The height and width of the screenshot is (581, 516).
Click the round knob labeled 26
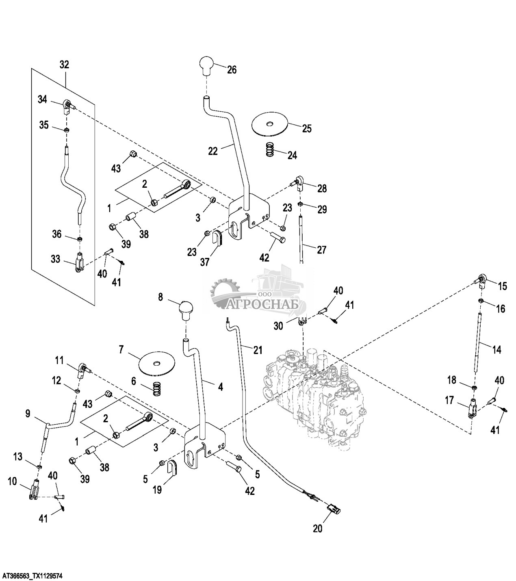(x=206, y=65)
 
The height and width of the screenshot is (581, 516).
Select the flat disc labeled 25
(x=269, y=123)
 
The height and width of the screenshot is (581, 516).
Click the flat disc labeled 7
(x=156, y=362)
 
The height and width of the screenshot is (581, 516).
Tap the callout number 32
(x=64, y=64)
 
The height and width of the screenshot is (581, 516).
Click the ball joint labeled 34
(x=67, y=104)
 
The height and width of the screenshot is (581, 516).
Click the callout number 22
(x=213, y=151)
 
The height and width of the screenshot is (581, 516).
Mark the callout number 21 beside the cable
(x=258, y=350)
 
